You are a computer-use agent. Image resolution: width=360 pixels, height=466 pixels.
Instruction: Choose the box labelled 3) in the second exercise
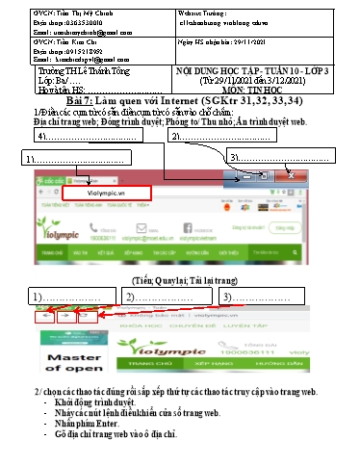coord(254,296)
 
